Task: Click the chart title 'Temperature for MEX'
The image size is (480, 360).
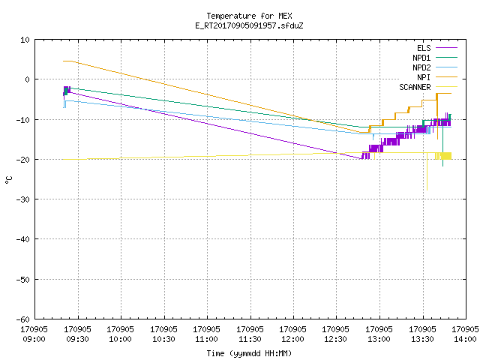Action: (x=249, y=16)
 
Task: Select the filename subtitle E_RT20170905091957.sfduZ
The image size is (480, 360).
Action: (x=249, y=25)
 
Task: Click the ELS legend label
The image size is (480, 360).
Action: (x=424, y=48)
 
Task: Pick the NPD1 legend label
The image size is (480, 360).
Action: (x=421, y=58)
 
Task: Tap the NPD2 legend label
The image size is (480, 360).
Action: (x=421, y=67)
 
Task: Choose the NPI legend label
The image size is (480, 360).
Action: (x=424, y=77)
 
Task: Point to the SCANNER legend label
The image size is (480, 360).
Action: (x=415, y=87)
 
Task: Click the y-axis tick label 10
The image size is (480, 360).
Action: (x=25, y=40)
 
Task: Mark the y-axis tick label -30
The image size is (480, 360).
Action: (x=23, y=199)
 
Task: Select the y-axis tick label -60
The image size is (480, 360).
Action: (x=23, y=319)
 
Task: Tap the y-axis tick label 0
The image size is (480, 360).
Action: (x=27, y=79)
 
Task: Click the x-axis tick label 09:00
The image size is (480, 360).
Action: (x=34, y=339)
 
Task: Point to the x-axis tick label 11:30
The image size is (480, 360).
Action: (x=250, y=339)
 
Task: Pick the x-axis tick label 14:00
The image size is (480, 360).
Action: (x=465, y=339)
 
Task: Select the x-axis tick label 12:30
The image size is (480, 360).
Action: (x=335, y=339)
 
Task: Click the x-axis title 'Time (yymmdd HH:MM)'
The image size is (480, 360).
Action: (x=249, y=353)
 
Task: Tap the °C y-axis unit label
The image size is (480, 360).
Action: (x=8, y=180)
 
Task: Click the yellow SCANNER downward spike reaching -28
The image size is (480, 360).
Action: (x=427, y=172)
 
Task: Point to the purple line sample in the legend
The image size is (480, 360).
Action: (x=446, y=48)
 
